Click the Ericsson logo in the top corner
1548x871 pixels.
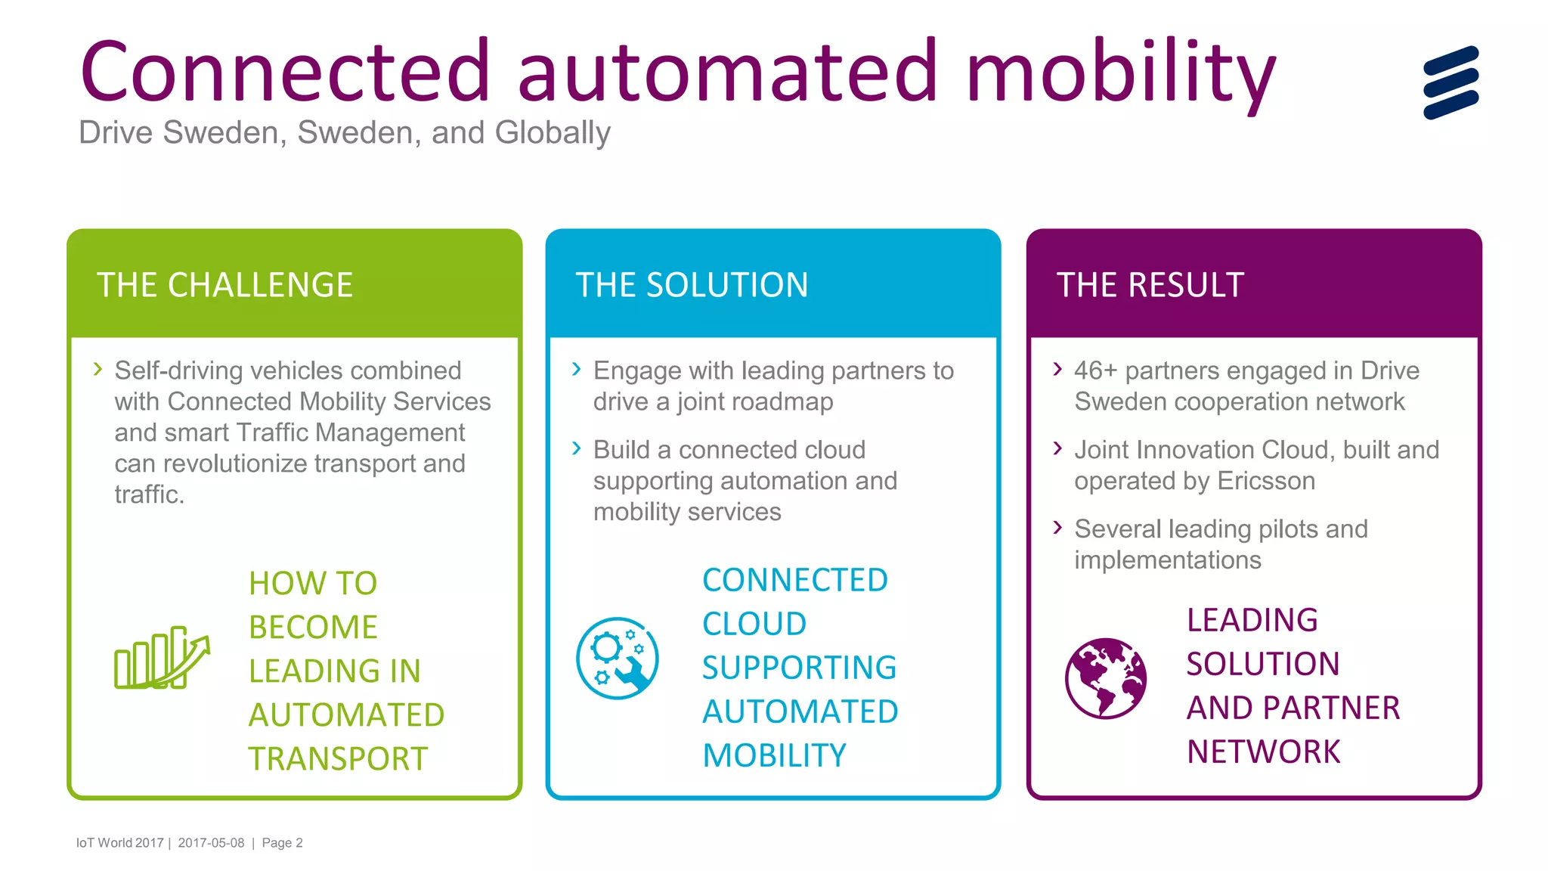[x=1450, y=82]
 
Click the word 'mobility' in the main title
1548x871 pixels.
[x=1120, y=73]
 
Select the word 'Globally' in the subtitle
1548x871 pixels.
[x=552, y=133]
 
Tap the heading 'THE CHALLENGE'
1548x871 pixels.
[x=224, y=285]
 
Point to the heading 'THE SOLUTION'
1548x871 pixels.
[x=692, y=285]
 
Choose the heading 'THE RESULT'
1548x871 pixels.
[x=1150, y=285]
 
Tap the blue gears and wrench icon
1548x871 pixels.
[x=617, y=658]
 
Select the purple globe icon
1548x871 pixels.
[x=1106, y=678]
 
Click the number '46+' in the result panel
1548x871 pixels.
[x=1095, y=370]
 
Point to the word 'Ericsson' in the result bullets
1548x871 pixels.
[x=1266, y=481]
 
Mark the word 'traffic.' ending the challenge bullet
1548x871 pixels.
[x=149, y=494]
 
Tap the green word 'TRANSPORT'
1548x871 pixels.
[x=338, y=758]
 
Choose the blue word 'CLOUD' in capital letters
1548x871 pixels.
[x=754, y=624]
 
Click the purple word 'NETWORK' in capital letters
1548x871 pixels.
[x=1263, y=752]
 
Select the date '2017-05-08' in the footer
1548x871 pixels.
[x=211, y=843]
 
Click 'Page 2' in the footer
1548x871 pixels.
[x=282, y=843]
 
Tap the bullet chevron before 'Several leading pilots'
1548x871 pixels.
[x=1057, y=527]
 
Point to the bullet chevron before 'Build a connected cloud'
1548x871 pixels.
[x=577, y=448]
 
